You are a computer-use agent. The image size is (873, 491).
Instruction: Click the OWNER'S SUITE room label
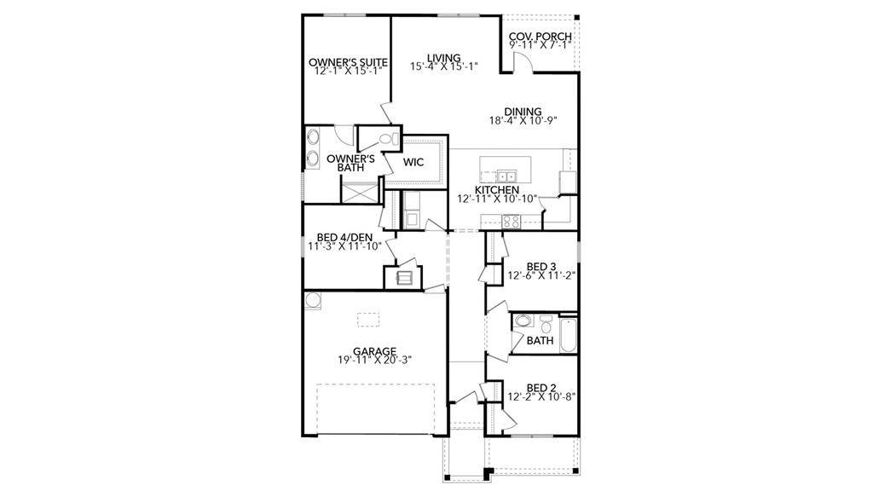point(348,62)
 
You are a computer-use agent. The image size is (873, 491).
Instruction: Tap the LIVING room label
point(443,57)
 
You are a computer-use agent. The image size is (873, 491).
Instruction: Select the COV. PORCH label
point(540,37)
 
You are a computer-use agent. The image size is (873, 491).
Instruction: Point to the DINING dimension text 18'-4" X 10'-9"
point(523,121)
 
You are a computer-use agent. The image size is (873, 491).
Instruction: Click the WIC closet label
point(413,161)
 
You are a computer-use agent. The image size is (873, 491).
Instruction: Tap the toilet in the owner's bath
point(386,138)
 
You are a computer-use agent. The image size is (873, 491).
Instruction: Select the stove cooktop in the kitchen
point(512,220)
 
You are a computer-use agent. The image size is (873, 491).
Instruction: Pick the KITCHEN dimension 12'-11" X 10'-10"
point(497,199)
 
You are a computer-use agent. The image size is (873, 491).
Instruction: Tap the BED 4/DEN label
point(344,237)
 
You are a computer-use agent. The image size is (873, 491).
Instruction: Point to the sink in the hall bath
point(524,323)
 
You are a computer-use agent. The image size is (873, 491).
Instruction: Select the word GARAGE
point(374,350)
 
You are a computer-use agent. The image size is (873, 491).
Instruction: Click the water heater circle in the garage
point(313,299)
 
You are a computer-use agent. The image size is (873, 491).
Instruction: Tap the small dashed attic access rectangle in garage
point(367,320)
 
